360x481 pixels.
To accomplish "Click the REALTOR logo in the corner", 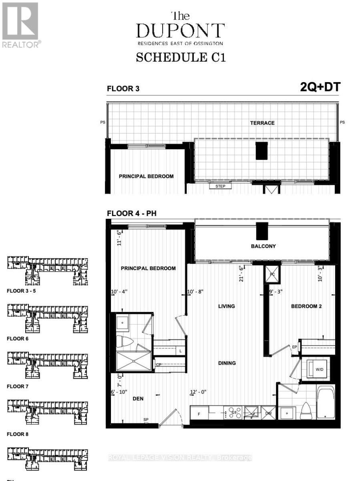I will (20, 24).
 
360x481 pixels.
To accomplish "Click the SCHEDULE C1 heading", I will (181, 57).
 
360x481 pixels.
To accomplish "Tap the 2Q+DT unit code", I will (320, 88).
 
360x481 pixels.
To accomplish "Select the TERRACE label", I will (262, 123).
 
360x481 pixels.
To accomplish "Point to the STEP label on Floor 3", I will (220, 186).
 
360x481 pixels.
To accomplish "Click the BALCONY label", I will (263, 246).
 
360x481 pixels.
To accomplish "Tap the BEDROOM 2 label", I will (307, 306).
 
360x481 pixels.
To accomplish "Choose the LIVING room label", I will (226, 306).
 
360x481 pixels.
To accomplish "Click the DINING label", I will (227, 363).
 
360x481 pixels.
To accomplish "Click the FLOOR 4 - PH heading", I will (131, 214).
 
